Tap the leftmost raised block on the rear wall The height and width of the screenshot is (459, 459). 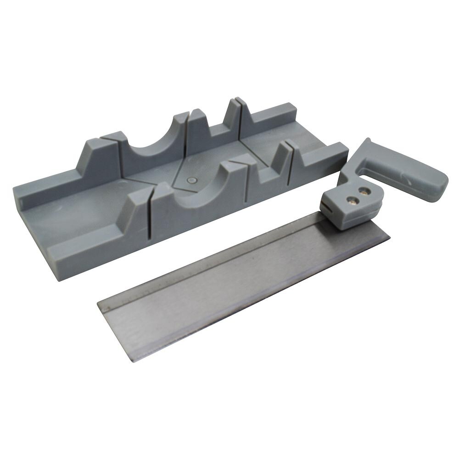99,156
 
